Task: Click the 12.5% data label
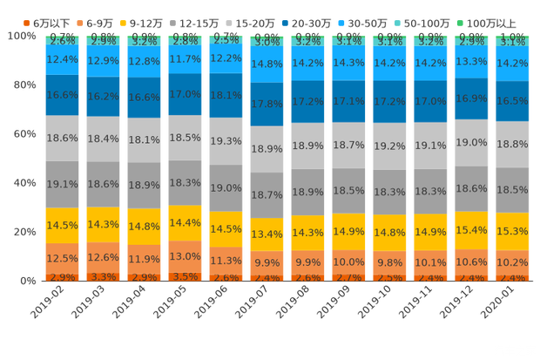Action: [62, 258]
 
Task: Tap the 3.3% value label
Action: [103, 277]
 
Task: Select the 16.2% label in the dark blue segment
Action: [103, 97]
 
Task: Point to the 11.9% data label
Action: [144, 260]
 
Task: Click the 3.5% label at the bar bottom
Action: [185, 276]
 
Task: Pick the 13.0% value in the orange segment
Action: [185, 257]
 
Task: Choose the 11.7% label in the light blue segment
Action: [185, 59]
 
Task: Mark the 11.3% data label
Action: [226, 261]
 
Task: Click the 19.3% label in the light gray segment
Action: [226, 141]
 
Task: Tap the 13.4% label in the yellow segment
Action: [267, 234]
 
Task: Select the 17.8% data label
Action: [267, 104]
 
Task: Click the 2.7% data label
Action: [348, 277]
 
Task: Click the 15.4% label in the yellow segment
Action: [471, 230]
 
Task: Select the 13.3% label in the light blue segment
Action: [471, 61]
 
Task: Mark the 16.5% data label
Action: [512, 101]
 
